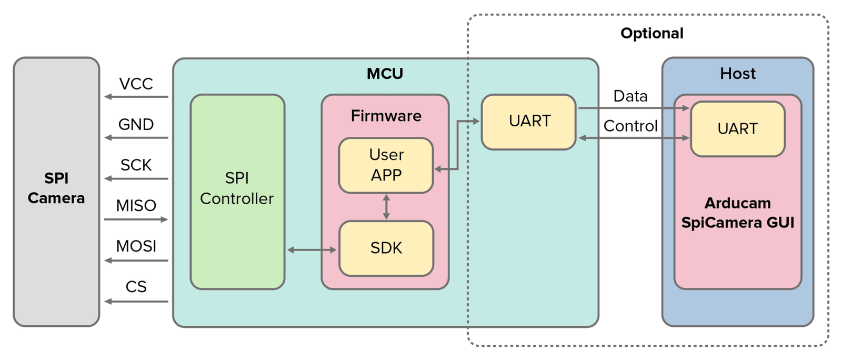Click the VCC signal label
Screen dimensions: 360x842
tap(136, 84)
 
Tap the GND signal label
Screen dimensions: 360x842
tap(136, 124)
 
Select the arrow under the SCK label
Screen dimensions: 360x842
tap(136, 178)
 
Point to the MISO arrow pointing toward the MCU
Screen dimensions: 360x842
tap(136, 219)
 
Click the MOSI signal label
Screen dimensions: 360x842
tap(136, 246)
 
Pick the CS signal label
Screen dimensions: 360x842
tap(136, 286)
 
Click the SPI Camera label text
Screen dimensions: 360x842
tap(56, 188)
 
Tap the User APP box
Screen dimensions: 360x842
tap(386, 165)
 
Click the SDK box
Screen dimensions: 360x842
tap(386, 248)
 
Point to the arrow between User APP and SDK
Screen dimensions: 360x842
tap(386, 207)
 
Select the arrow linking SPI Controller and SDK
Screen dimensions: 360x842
tap(312, 250)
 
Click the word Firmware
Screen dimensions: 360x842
tap(386, 116)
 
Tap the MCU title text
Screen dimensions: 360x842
tap(385, 74)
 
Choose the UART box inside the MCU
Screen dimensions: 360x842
tap(529, 122)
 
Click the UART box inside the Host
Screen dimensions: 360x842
tap(737, 129)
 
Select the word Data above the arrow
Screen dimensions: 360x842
tap(630, 96)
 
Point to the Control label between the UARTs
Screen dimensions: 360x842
tap(630, 126)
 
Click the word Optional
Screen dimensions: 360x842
tap(651, 34)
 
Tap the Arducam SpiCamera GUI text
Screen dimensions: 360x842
tap(737, 213)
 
